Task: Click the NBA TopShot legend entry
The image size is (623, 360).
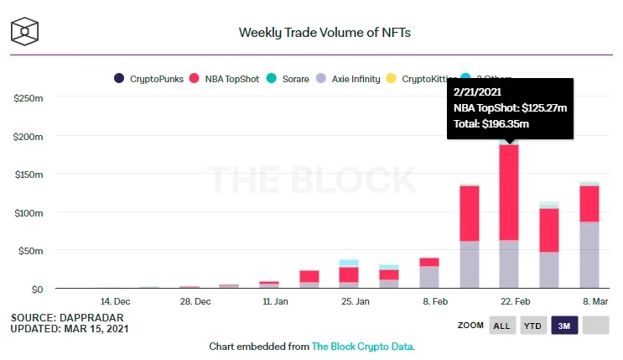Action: click(x=231, y=79)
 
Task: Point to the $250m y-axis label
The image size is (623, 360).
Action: click(x=29, y=98)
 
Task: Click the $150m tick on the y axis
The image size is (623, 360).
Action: click(x=29, y=175)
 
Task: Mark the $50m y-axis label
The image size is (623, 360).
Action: click(x=31, y=251)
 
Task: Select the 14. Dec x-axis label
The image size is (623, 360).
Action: click(x=115, y=300)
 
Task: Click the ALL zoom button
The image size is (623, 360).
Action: click(x=501, y=326)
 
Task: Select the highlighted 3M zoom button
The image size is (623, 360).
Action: click(x=564, y=326)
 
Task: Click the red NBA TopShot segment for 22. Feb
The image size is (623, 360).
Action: click(x=509, y=192)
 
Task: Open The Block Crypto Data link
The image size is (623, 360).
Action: click(x=361, y=346)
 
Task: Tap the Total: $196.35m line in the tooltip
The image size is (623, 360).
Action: click(x=491, y=123)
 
